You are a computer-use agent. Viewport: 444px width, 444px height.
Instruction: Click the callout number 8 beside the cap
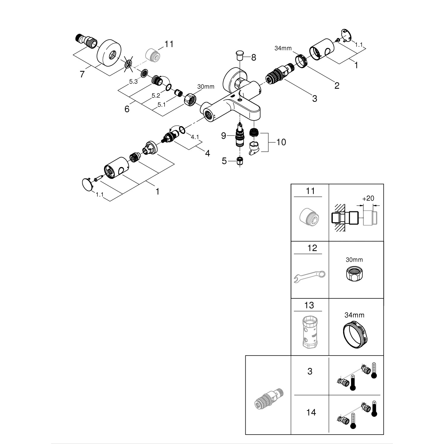click(253, 57)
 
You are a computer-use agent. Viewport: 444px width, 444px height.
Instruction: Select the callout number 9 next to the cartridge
click(223, 136)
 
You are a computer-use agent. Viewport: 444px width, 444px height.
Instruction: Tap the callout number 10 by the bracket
click(281, 142)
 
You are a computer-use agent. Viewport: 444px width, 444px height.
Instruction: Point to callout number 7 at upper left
click(82, 74)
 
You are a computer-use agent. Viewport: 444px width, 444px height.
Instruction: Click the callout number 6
click(127, 109)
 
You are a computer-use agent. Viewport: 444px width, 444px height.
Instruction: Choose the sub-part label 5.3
click(133, 82)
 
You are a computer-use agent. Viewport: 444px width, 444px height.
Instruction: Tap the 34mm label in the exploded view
click(283, 48)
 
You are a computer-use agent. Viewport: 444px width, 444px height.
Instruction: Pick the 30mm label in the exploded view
click(205, 87)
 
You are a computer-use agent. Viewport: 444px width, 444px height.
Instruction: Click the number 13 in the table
click(309, 305)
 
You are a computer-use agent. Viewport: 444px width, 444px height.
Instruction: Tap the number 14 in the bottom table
click(311, 412)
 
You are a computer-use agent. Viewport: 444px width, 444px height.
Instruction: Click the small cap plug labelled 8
click(240, 55)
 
